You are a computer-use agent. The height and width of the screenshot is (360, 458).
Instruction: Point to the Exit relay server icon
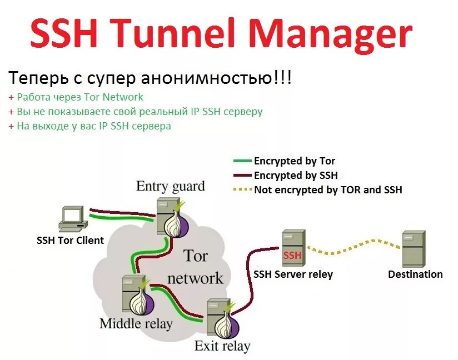219,318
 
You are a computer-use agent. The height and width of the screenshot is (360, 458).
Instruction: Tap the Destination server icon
414,249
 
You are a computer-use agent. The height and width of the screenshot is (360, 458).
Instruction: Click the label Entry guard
170,186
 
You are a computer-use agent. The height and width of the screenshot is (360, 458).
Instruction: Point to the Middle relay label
136,323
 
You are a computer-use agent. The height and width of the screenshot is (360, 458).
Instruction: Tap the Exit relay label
222,347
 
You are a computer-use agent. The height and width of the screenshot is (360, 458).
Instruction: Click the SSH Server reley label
293,274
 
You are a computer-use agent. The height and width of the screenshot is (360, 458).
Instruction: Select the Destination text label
415,274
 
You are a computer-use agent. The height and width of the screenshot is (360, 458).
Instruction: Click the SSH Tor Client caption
70,241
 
